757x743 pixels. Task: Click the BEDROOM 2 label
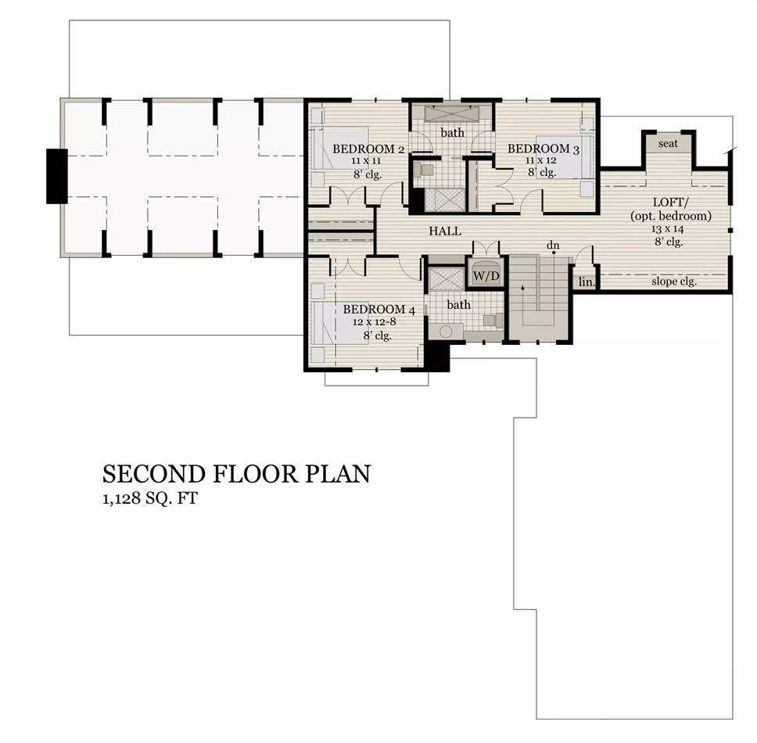[368, 149]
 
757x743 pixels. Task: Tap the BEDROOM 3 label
[544, 149]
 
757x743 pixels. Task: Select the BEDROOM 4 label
[379, 310]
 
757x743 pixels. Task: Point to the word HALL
[445, 232]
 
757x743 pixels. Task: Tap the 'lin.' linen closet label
[587, 282]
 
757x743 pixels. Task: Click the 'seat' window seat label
[668, 143]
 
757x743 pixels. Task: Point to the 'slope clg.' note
[674, 282]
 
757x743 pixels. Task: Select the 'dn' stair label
[553, 246]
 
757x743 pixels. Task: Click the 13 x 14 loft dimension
[668, 229]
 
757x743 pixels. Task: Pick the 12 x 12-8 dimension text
[374, 322]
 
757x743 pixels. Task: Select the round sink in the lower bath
[446, 332]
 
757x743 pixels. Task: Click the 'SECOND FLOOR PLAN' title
[236, 474]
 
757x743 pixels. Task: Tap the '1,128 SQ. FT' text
[150, 498]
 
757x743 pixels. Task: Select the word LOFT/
[669, 203]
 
